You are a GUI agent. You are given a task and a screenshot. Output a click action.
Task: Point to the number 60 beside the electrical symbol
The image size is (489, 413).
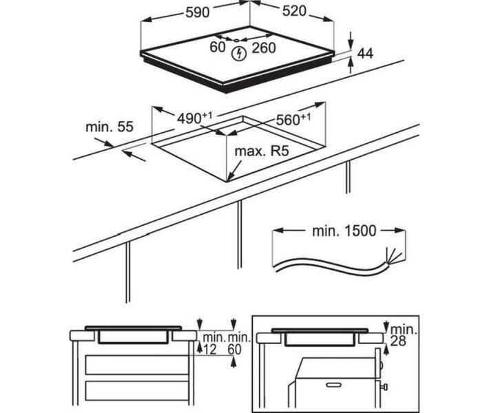[218, 47]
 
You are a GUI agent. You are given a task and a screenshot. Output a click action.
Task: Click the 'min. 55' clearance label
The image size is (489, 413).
[109, 127]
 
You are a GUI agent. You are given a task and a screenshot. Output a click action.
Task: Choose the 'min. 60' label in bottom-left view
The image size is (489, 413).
[238, 343]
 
